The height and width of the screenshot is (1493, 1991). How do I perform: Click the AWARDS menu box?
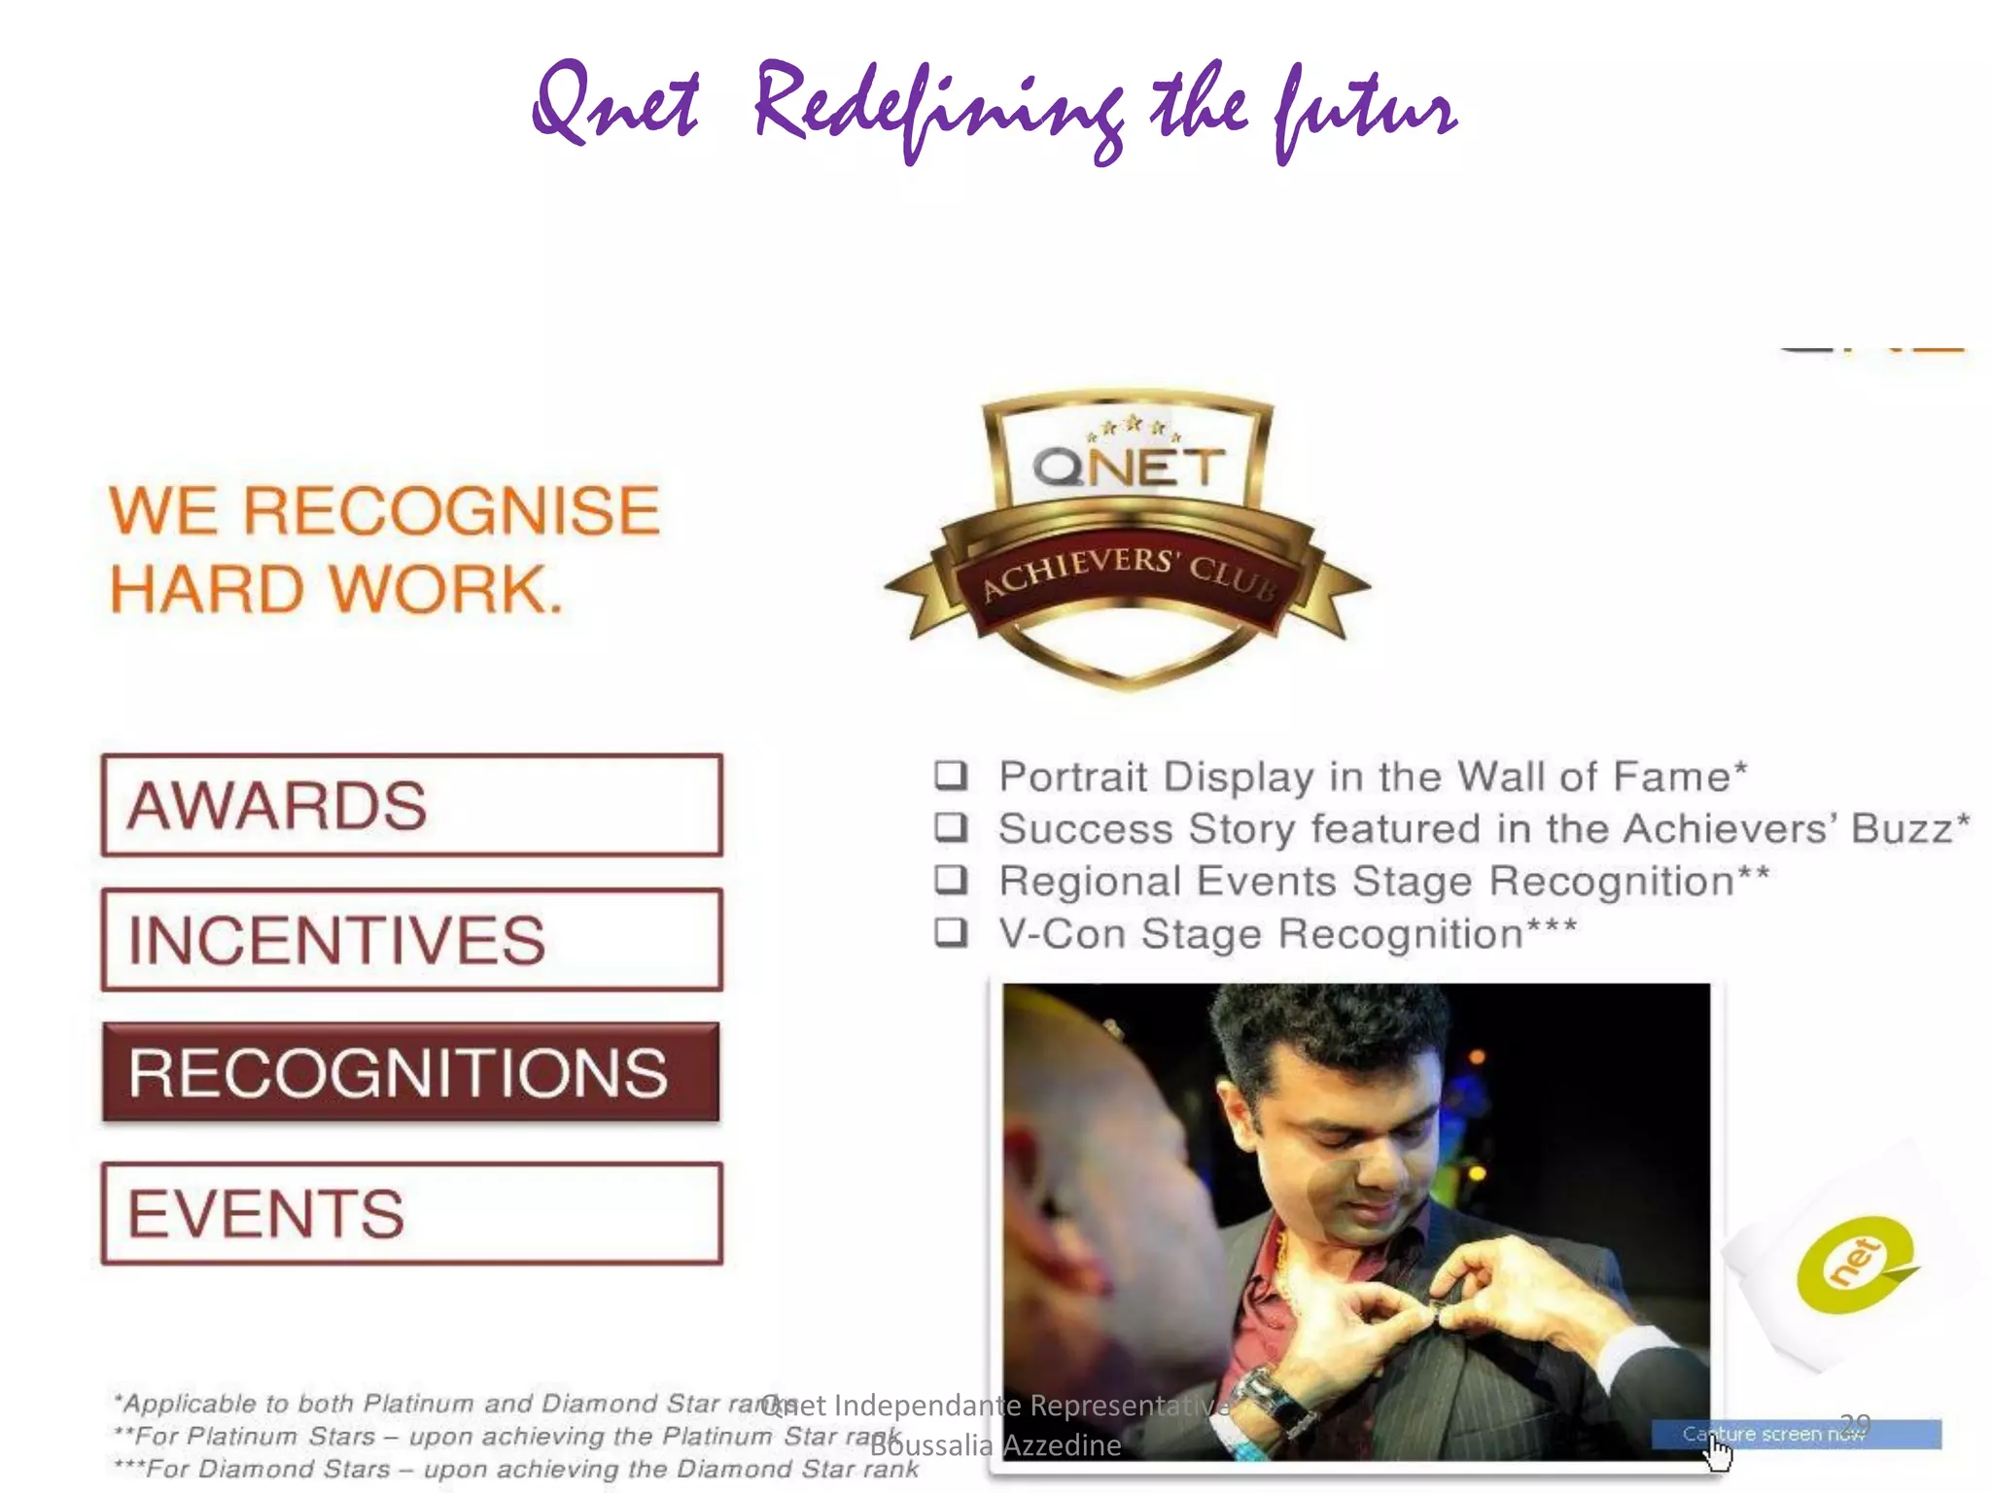click(411, 805)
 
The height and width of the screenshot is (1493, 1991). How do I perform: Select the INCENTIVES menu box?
click(411, 940)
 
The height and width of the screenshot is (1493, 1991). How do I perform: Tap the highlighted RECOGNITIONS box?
click(411, 1073)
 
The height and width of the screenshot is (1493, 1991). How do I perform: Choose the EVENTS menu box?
click(411, 1213)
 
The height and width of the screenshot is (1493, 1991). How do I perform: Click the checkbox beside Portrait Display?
click(951, 775)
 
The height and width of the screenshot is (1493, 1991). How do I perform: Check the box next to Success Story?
click(951, 827)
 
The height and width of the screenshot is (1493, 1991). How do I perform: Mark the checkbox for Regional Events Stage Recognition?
click(951, 880)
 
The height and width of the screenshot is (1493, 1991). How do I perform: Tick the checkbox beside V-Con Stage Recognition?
click(951, 932)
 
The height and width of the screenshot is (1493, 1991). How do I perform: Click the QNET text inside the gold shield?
click(1128, 467)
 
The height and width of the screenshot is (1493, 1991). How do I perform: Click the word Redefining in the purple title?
click(938, 107)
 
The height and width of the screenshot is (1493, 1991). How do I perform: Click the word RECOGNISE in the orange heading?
click(452, 510)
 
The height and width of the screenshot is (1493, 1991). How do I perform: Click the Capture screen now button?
click(1795, 1434)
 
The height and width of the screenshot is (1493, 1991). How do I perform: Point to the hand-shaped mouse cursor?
click(1719, 1454)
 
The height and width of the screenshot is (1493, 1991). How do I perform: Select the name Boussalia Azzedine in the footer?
click(995, 1445)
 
